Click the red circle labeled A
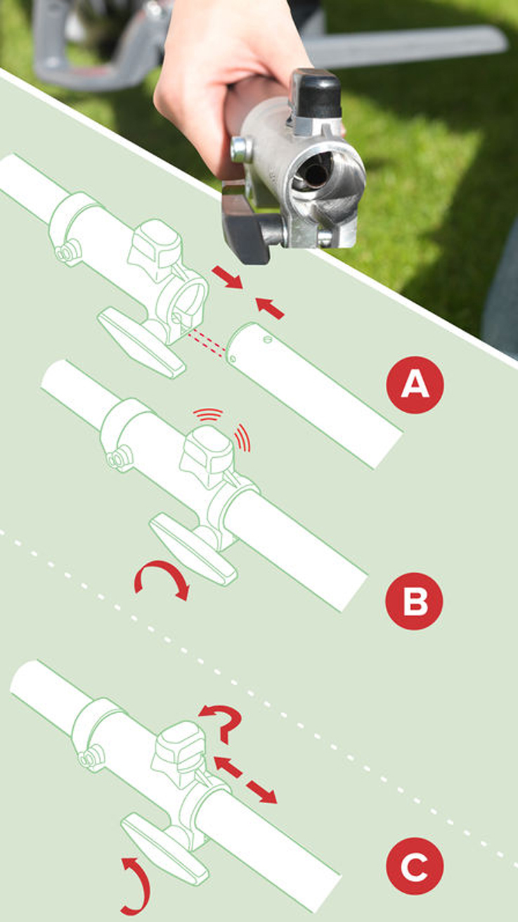(415, 385)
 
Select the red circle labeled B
(414, 601)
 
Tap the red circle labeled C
(415, 866)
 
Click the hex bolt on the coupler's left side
(240, 149)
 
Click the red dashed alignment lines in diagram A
(207, 344)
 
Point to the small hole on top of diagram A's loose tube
(268, 340)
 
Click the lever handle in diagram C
(165, 848)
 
